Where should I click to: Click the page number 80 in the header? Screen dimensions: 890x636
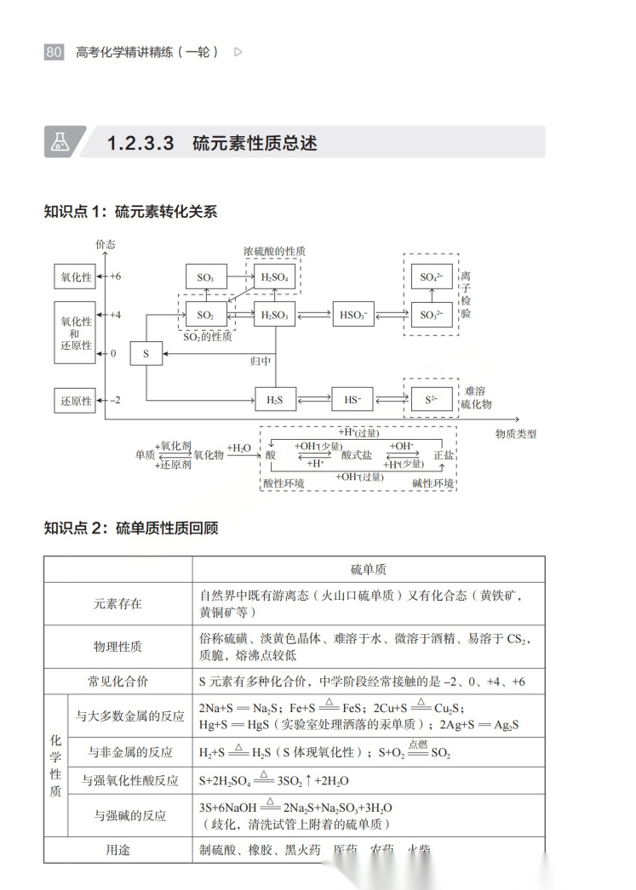point(54,52)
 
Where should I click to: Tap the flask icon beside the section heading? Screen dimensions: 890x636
point(59,143)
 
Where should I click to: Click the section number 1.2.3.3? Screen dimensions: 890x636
point(140,143)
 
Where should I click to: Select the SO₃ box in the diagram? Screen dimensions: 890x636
point(205,277)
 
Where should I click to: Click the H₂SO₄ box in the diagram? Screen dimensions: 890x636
point(274,277)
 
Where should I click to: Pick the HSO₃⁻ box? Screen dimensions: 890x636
point(352,315)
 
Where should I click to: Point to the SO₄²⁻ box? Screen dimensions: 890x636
point(431,277)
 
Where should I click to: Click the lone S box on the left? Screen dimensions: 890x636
point(146,353)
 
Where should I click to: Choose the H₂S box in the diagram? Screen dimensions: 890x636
point(274,399)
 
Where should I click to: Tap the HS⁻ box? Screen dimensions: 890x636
point(352,399)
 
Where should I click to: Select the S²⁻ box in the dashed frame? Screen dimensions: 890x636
point(431,399)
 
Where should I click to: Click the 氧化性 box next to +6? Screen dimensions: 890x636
point(75,277)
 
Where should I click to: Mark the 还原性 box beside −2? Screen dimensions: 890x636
point(75,400)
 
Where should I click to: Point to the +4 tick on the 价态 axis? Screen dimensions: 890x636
point(115,315)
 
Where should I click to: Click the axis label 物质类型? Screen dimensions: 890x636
point(516,434)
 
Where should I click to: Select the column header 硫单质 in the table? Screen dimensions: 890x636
point(368,569)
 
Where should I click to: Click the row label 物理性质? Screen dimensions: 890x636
point(117,647)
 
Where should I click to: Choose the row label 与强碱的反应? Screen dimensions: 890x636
point(129,815)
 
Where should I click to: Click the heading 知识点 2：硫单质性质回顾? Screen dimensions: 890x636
point(131,528)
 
